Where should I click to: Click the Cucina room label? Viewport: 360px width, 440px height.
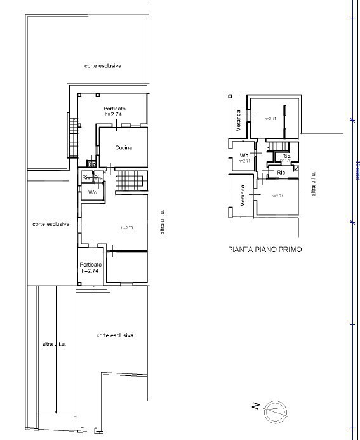123,148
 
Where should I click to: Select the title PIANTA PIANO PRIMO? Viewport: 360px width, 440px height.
264,250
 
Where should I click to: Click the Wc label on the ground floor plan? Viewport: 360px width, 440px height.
93,192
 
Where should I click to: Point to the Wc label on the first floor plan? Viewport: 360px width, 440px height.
243,156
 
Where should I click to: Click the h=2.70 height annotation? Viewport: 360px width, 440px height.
126,227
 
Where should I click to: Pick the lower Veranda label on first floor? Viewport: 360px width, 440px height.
243,196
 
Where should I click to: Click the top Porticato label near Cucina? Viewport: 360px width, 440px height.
115,109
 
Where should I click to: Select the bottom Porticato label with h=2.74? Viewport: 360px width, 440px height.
91,265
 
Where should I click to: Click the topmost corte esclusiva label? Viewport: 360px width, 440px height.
103,66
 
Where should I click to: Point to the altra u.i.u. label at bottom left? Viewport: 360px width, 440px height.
54,343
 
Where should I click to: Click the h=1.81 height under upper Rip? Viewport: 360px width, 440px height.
285,161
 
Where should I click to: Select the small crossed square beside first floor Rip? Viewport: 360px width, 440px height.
295,168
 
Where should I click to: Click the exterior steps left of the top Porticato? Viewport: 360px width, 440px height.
72,137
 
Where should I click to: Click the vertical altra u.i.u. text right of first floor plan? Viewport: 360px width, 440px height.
313,184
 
